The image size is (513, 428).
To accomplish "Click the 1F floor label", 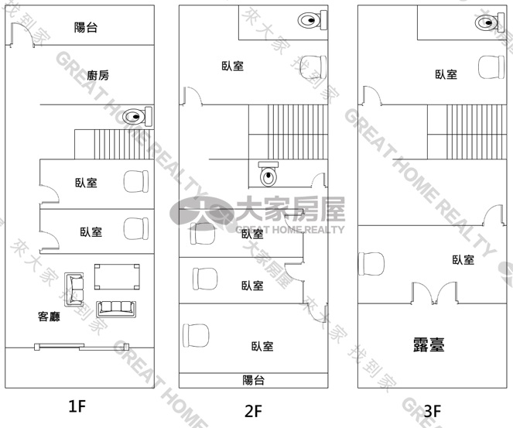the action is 77,406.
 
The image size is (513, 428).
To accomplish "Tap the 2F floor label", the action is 253,411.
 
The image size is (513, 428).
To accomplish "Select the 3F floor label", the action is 433,411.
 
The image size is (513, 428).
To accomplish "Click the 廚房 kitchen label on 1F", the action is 97,75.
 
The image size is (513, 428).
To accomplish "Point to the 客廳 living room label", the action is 49,317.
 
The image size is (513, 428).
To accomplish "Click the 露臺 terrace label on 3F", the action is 429,344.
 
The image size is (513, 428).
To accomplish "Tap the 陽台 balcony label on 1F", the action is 86,27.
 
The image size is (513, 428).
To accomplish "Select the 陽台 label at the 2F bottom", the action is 253,380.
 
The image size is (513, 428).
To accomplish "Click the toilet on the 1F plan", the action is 138,116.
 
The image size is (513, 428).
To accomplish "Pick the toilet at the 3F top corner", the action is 490,22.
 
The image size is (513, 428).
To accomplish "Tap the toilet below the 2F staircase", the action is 268,174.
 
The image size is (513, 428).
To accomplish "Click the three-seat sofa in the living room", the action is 116,309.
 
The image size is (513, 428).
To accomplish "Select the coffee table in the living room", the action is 117,277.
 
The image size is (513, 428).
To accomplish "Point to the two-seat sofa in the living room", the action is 74,289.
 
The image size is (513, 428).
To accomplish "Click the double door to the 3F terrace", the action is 434,293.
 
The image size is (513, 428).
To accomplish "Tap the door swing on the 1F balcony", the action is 22,35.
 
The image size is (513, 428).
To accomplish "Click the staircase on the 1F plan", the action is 115,144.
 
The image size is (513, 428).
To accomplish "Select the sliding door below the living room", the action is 82,347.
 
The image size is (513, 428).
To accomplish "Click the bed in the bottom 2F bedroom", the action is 196,335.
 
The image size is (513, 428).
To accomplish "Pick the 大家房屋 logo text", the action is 290,209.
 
